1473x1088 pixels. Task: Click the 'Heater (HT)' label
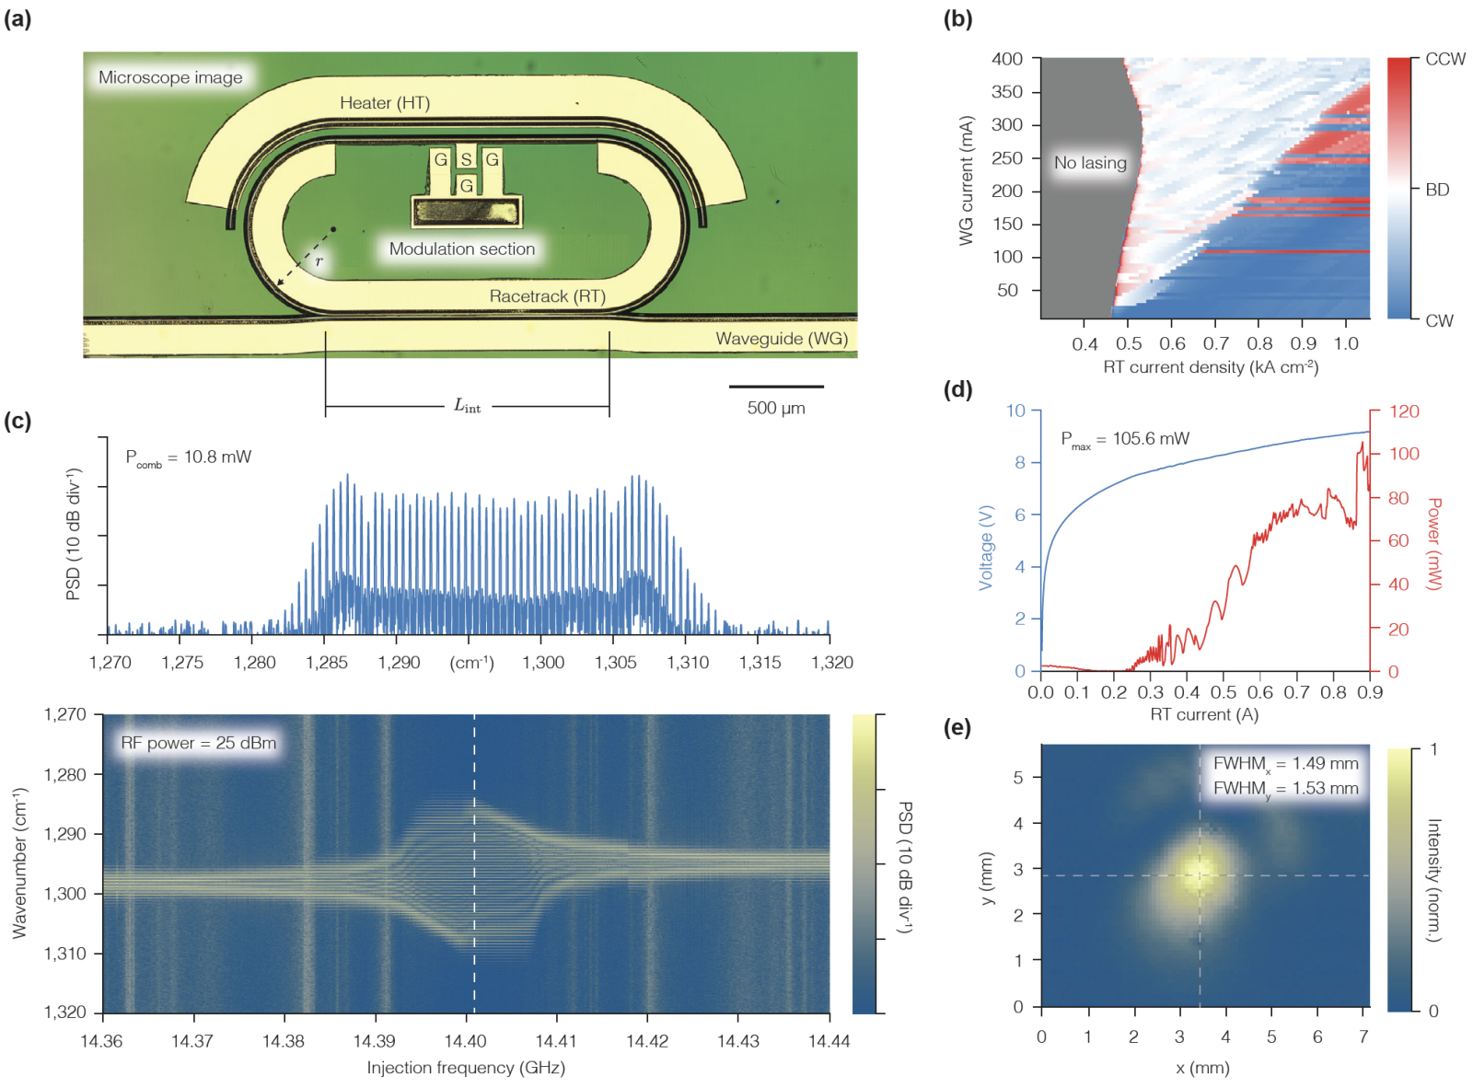coord(384,103)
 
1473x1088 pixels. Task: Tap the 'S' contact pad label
coord(466,159)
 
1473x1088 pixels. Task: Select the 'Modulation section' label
coord(461,249)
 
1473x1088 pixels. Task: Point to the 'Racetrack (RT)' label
coord(547,296)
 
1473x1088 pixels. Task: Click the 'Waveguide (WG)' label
coord(782,339)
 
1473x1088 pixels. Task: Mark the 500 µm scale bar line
coord(776,387)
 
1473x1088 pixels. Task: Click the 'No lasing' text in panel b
coord(1090,163)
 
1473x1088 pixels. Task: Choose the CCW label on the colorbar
coord(1444,59)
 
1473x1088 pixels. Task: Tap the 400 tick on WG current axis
coord(1007,59)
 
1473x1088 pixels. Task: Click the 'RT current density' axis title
coord(1211,367)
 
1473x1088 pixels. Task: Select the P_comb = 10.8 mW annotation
coord(188,457)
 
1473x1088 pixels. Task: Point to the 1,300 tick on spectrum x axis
coord(543,662)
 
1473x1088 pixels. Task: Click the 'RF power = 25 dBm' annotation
coord(198,743)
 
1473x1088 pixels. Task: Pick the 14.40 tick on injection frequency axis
coord(465,1041)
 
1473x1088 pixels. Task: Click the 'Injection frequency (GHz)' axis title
coord(466,1068)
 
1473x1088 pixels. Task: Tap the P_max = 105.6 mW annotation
coord(1125,439)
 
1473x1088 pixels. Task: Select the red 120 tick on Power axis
coord(1404,411)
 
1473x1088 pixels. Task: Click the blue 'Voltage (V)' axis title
coord(986,547)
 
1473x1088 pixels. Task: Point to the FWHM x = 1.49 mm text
coord(1285,763)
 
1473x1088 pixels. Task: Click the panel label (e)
coord(957,728)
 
